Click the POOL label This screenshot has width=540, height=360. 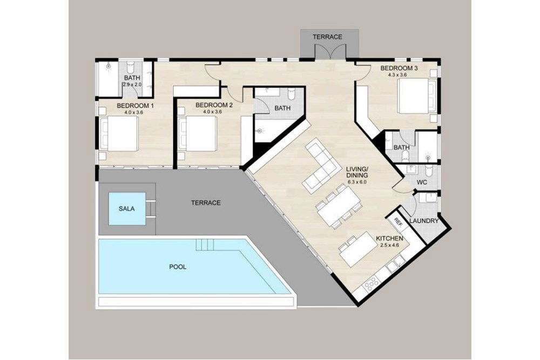point(178,267)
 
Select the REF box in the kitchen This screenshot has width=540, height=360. point(398,221)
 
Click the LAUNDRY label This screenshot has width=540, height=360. point(423,221)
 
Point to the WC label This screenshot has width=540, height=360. point(422,182)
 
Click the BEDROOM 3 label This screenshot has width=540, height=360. point(399,68)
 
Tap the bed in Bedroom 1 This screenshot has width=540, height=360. point(120,134)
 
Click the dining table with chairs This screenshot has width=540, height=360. point(339,206)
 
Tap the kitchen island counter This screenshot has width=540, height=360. point(358,250)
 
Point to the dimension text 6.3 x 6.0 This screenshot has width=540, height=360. point(357,182)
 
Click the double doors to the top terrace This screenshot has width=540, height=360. point(329,52)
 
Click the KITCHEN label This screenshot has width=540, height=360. point(389,238)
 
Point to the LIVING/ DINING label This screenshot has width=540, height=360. point(357,172)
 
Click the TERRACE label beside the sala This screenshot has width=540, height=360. point(206,203)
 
